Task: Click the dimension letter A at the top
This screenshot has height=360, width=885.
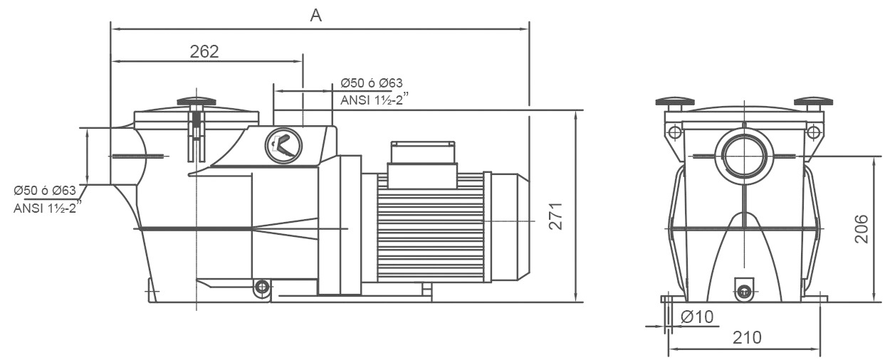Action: [316, 16]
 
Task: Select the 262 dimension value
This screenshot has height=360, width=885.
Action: [204, 51]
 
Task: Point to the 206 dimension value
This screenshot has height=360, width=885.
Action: [861, 228]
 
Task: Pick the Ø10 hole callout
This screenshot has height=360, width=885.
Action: [696, 317]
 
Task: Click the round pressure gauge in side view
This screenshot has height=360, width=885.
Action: [283, 146]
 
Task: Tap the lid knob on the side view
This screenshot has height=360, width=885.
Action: [196, 101]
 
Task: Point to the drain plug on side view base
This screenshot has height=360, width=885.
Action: [262, 287]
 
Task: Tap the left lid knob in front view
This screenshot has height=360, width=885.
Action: [674, 102]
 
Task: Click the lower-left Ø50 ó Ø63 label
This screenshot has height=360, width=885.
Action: [45, 191]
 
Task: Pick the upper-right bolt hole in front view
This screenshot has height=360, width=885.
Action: [812, 131]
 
